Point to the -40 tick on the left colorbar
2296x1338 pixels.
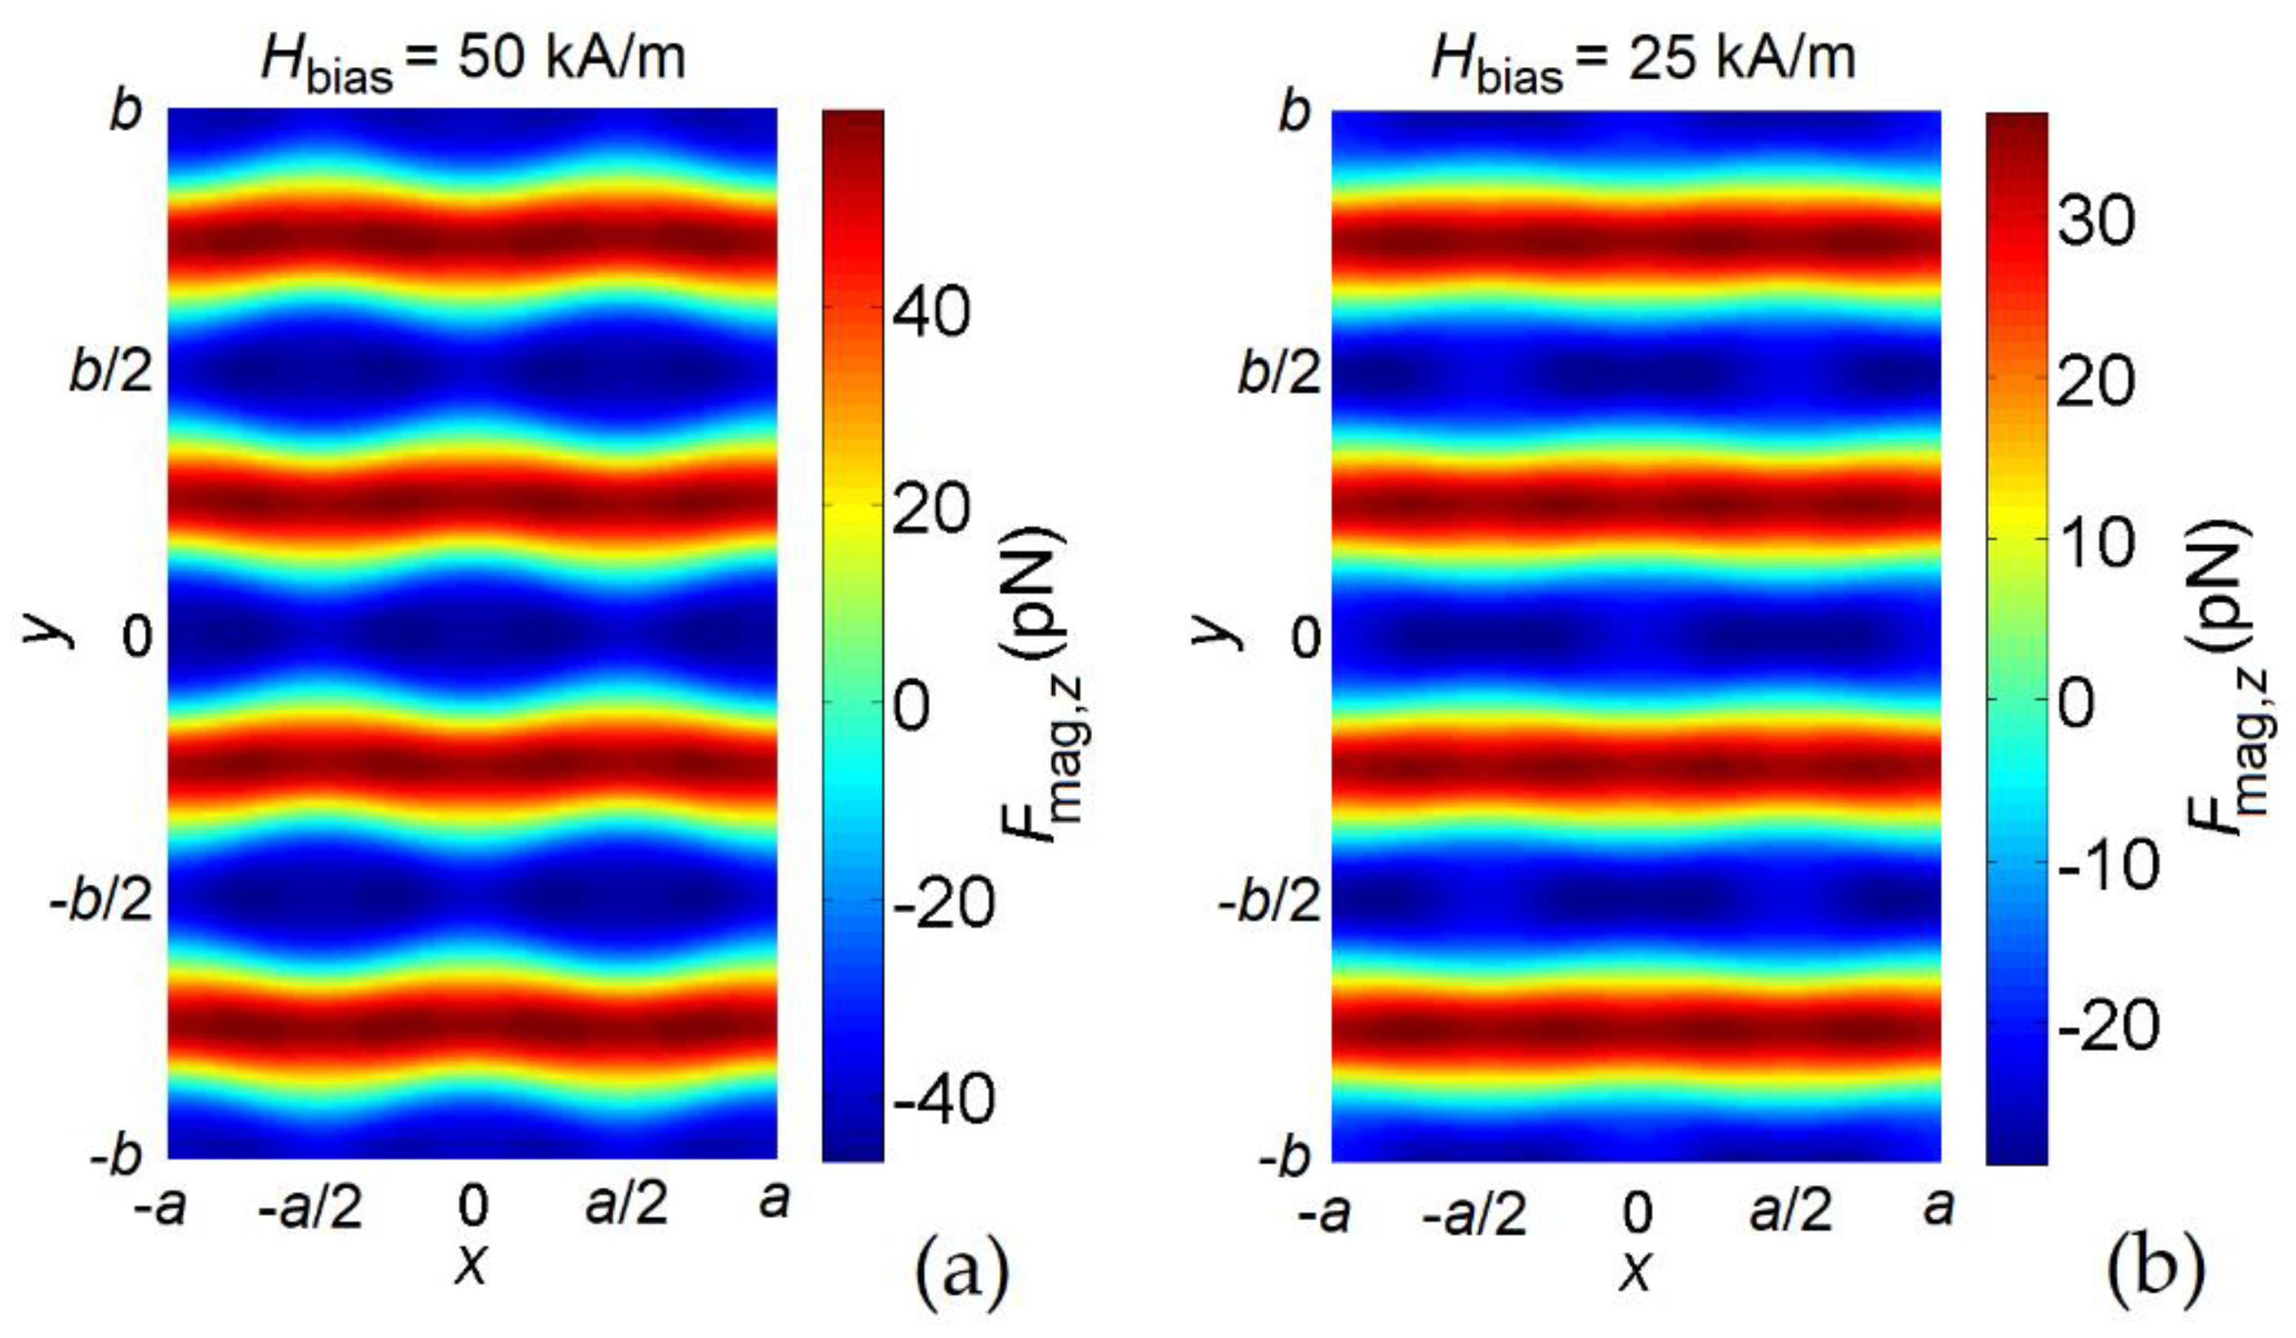point(943,1099)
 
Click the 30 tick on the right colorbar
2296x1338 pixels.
point(2096,222)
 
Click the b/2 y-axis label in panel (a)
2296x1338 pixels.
point(111,372)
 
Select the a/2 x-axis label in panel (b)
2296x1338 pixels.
point(1790,1210)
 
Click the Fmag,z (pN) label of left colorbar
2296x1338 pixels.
point(1037,683)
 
